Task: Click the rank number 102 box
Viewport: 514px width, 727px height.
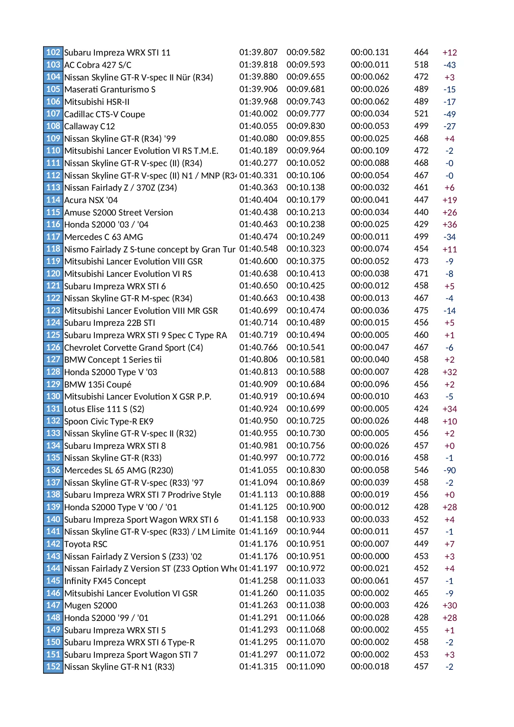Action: [x=53, y=52]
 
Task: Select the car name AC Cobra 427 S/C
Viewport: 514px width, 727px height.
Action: [x=98, y=65]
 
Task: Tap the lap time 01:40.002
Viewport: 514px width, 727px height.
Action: [x=258, y=114]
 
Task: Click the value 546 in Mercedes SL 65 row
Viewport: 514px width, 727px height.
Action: [x=421, y=470]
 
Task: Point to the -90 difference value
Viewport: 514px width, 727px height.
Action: [x=449, y=470]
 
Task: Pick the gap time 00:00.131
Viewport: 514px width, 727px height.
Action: [x=370, y=52]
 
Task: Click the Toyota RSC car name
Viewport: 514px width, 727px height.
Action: [x=86, y=544]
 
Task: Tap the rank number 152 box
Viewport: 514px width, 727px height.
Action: [x=53, y=666]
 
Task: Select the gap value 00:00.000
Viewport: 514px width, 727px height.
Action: [x=370, y=556]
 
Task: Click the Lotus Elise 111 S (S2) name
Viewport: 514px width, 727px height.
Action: [x=104, y=409]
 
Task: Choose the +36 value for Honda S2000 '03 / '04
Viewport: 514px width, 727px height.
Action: [x=449, y=225]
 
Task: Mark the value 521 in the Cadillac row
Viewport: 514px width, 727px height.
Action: [x=421, y=114]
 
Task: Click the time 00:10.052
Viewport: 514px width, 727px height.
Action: [x=306, y=163]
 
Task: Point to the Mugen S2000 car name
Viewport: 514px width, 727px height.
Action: [x=91, y=606]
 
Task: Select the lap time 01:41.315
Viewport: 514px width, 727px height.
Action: [x=258, y=666]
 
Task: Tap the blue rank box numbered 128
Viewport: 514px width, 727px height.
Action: [x=53, y=372]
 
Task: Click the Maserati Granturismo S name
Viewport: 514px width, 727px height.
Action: [x=110, y=90]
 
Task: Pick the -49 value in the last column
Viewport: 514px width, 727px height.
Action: [x=449, y=114]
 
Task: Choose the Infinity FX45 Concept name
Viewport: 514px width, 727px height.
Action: [x=105, y=581]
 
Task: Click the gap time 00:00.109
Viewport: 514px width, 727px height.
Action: [x=370, y=151]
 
